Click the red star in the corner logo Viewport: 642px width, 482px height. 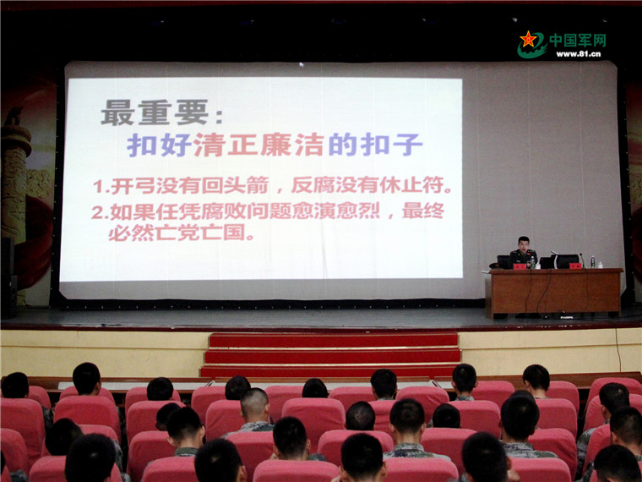tap(528, 39)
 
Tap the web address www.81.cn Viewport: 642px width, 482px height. tap(578, 54)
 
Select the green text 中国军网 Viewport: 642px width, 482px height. tap(577, 41)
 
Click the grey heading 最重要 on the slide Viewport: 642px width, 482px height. tap(155, 112)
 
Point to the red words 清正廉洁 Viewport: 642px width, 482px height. tap(258, 145)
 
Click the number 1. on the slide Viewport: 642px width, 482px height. tap(101, 187)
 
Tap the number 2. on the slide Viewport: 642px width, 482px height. tap(100, 212)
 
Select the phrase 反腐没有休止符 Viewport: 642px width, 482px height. tap(373, 186)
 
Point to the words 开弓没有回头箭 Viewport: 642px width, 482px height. tap(189, 186)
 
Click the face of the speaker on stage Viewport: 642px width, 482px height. tap(523, 244)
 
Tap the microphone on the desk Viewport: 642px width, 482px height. tap(580, 260)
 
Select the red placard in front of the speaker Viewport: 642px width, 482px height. tap(520, 266)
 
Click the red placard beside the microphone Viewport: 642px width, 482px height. tap(575, 266)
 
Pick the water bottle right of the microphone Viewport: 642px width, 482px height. tap(592, 262)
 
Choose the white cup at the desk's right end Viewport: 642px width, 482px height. tap(600, 265)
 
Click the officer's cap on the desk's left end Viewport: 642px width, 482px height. tap(495, 266)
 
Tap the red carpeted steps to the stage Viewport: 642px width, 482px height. tap(330, 355)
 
